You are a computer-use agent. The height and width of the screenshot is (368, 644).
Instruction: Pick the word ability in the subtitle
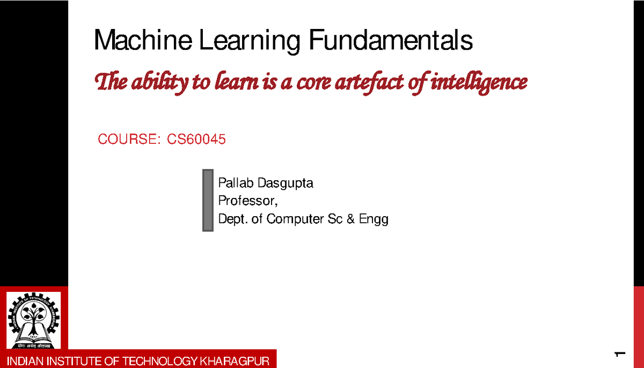tap(154, 83)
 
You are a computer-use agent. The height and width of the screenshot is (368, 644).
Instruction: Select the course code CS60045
tap(196, 140)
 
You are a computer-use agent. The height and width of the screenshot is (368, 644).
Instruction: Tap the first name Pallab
tap(236, 183)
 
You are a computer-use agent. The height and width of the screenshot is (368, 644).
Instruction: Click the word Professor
tap(248, 201)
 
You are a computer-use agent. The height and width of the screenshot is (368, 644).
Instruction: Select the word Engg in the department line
tap(374, 219)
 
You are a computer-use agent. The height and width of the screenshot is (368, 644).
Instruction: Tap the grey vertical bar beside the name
tap(208, 200)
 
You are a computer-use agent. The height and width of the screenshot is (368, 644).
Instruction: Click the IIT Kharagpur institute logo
tap(34, 320)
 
